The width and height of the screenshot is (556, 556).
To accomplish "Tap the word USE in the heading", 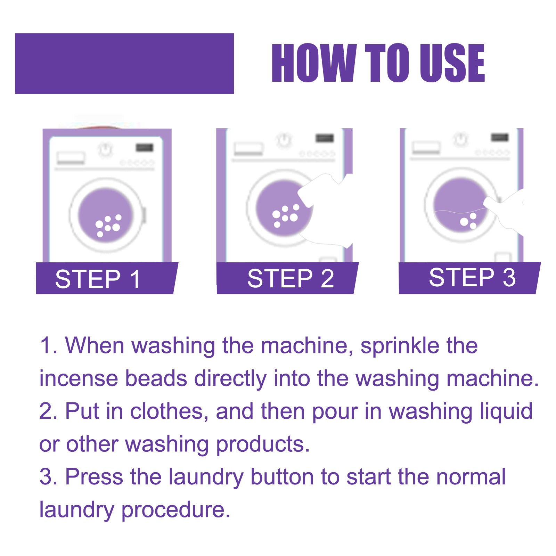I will pos(452,63).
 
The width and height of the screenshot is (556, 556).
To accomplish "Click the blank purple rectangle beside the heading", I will pos(124,64).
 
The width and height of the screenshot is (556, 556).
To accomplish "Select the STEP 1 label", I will pos(98,279).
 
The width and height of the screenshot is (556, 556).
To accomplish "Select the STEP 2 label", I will pos(291,278).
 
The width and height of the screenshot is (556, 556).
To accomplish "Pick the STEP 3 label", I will pos(472,277).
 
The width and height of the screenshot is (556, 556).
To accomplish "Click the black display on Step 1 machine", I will pos(144,148).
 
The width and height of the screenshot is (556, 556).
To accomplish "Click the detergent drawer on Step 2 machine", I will pos(248,149).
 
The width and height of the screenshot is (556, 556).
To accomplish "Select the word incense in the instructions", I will pos(78,378).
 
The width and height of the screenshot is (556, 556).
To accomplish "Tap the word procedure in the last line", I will pos(175,510).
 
